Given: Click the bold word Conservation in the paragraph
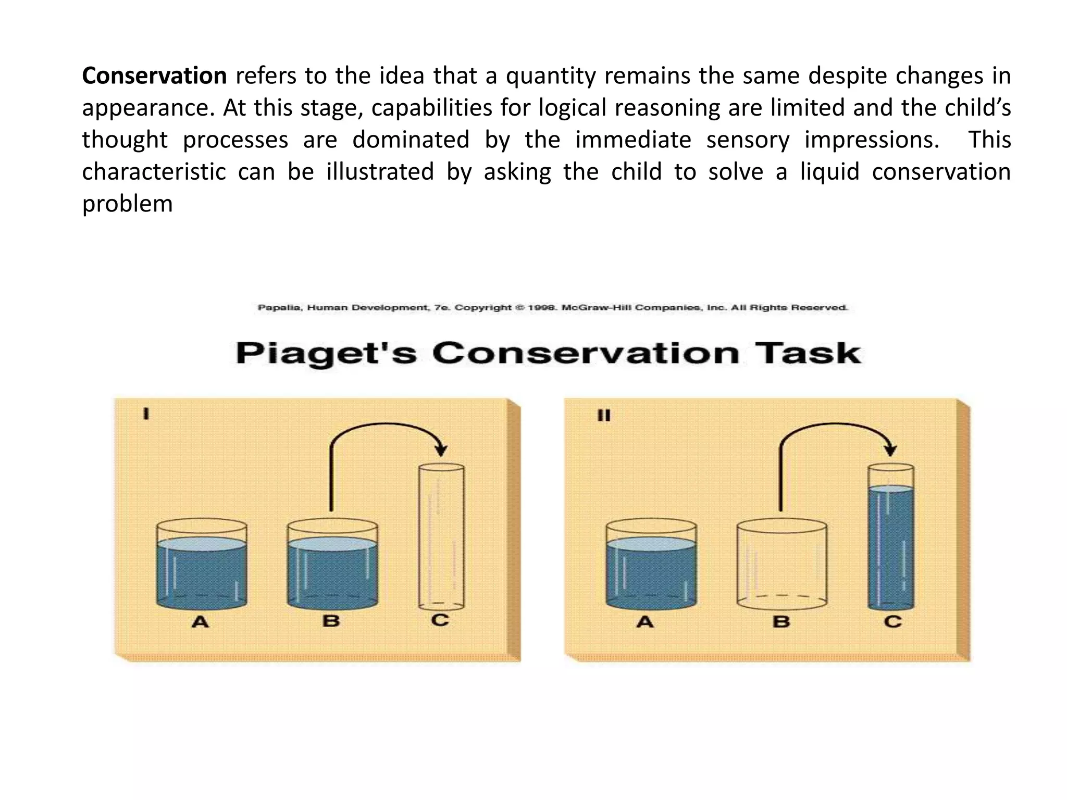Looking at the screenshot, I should click(x=154, y=76).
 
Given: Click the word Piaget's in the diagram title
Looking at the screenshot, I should click(x=326, y=354).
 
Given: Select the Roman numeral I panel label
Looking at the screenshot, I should click(x=146, y=415).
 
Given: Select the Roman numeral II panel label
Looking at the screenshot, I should click(x=604, y=416).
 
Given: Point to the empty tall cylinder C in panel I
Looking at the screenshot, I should click(x=441, y=536).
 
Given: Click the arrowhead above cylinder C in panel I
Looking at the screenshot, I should click(x=441, y=450).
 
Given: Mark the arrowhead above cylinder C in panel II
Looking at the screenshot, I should click(x=890, y=450).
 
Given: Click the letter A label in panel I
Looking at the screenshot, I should click(x=201, y=621).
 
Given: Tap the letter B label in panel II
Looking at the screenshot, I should click(x=781, y=621).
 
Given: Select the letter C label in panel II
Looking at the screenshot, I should click(x=892, y=621).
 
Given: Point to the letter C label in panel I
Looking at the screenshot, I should click(x=440, y=620).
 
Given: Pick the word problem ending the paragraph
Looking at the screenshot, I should click(x=127, y=204).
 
